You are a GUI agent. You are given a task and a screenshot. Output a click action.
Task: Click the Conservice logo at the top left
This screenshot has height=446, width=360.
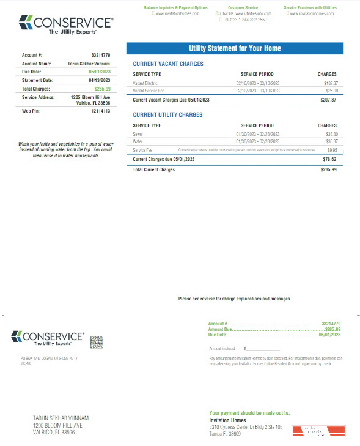click(x=66, y=25)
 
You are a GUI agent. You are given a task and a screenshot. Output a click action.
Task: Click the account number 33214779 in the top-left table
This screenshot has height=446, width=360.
click(x=100, y=55)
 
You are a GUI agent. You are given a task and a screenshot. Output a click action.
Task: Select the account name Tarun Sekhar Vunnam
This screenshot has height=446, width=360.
click(x=89, y=63)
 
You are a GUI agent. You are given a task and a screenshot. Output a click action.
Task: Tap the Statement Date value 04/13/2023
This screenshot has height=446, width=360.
click(x=100, y=80)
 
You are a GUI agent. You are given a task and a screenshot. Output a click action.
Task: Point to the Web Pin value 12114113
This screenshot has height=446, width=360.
click(x=100, y=111)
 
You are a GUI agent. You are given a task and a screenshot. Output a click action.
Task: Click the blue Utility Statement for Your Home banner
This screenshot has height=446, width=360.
click(x=235, y=48)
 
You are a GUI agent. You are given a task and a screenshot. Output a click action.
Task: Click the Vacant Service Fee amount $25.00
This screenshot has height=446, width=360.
click(x=331, y=91)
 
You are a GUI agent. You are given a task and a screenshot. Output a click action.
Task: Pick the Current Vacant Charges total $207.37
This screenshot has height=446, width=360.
click(x=328, y=100)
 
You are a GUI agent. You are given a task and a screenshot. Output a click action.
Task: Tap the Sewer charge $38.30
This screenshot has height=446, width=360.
click(x=331, y=133)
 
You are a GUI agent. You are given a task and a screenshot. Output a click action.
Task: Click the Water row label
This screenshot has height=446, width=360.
click(x=138, y=141)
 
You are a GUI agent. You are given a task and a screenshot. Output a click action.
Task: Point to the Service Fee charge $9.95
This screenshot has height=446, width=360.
click(x=332, y=149)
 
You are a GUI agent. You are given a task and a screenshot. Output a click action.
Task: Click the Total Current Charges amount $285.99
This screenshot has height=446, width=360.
click(x=329, y=169)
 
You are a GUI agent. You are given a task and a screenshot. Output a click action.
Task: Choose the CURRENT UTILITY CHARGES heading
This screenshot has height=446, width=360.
click(x=167, y=115)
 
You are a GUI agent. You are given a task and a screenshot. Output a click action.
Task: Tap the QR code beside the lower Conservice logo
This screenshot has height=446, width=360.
click(x=96, y=342)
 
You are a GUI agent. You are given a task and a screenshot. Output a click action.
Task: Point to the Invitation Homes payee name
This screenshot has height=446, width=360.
click(x=227, y=420)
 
